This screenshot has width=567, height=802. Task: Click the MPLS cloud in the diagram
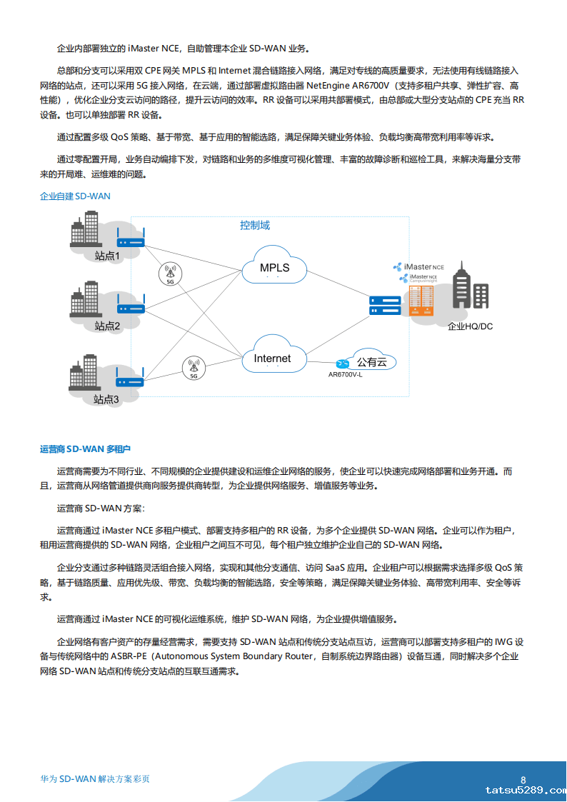274,268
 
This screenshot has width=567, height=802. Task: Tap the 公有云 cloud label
371,362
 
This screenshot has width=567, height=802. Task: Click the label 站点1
107,255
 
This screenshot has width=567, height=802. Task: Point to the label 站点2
107,326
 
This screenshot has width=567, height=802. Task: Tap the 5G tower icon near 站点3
194,368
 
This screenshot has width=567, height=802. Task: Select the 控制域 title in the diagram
255,225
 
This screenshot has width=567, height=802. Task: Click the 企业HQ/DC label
470,326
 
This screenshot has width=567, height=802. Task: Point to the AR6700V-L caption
345,374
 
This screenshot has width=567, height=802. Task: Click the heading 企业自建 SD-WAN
75,196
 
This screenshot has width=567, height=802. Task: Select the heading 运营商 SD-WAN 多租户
85,449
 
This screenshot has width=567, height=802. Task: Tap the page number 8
523,780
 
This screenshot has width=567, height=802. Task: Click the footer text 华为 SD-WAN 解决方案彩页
95,779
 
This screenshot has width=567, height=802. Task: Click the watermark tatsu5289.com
525,791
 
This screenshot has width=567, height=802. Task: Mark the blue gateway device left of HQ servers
385,305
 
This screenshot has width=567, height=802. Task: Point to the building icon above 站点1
84,233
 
